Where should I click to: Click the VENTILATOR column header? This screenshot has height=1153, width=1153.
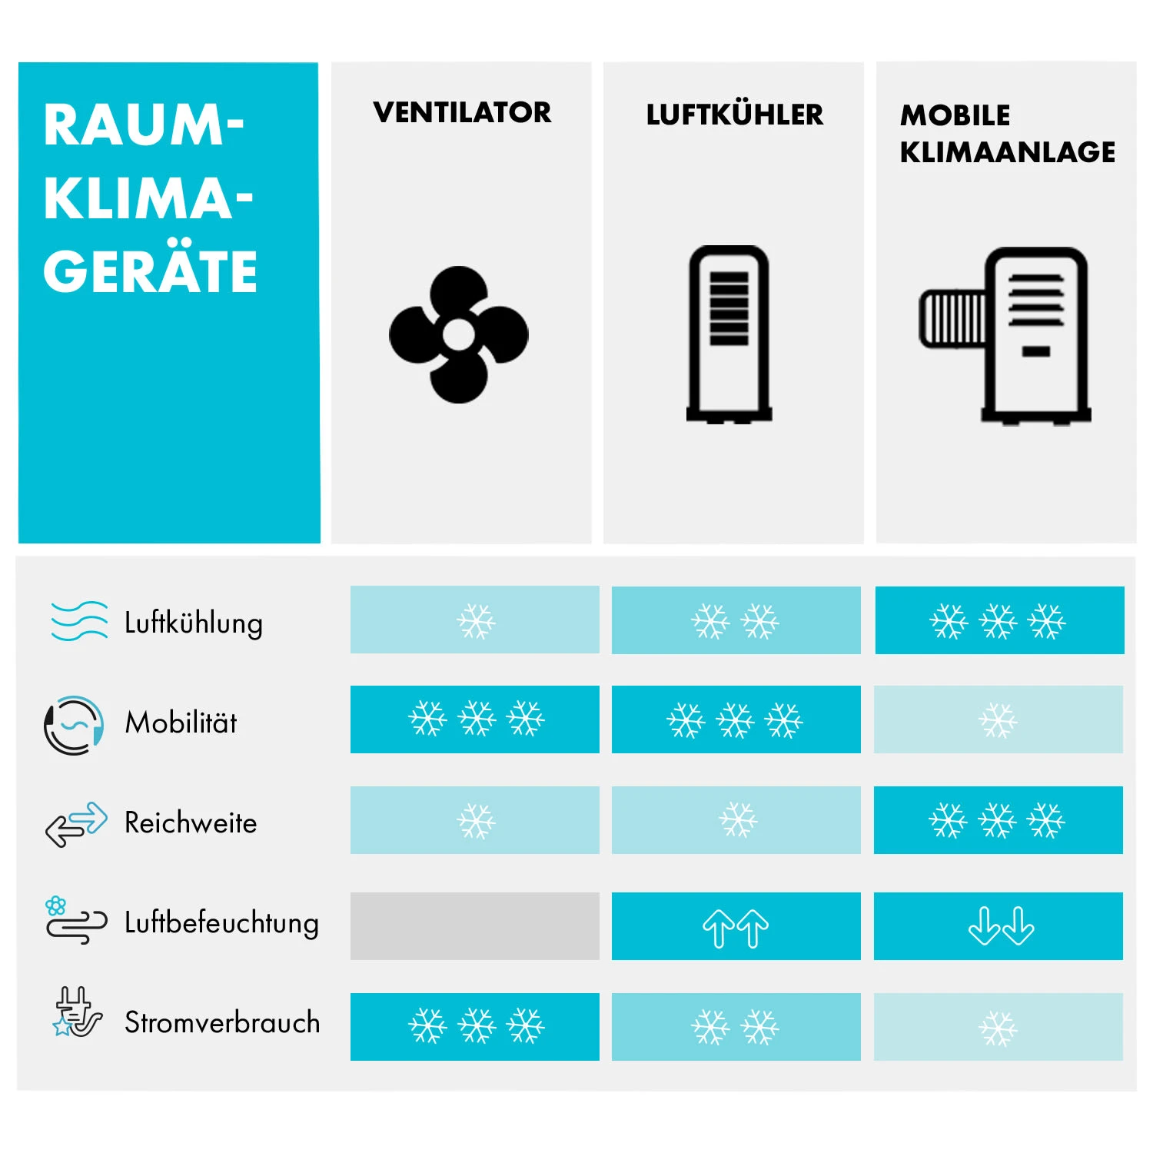(462, 113)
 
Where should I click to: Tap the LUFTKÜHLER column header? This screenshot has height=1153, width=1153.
(734, 115)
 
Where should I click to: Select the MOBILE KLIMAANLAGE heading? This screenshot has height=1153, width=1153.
(1007, 134)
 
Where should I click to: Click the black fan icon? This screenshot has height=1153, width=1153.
(459, 334)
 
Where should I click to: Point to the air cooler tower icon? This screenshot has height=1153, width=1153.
(729, 334)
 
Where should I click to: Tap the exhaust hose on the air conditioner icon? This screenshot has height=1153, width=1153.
(952, 318)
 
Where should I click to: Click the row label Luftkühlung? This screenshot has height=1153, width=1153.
(194, 623)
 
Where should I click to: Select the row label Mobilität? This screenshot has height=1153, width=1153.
(181, 723)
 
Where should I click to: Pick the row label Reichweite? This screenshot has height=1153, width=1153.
(191, 822)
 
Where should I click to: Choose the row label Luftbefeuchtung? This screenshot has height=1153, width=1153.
(221, 922)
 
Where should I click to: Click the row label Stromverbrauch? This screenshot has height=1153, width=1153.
(222, 1022)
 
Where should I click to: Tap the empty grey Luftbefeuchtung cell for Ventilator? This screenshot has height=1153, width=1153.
(474, 925)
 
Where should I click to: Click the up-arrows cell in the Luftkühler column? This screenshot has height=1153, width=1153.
(736, 926)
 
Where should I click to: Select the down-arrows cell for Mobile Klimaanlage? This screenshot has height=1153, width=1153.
(998, 926)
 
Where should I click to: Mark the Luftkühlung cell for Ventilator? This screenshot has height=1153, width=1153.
(474, 620)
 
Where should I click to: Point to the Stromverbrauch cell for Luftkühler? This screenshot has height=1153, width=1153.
(736, 1027)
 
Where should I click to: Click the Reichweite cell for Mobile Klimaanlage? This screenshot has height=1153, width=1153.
(998, 820)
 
